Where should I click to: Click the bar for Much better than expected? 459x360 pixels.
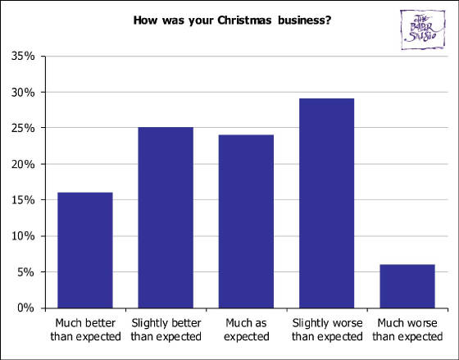(x=84, y=250)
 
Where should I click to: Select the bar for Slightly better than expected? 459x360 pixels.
(x=165, y=217)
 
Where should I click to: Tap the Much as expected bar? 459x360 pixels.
(x=245, y=221)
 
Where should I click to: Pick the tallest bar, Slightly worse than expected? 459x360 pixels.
(x=326, y=203)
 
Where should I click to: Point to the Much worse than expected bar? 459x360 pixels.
(x=407, y=286)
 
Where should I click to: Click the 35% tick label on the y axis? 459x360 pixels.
(x=23, y=57)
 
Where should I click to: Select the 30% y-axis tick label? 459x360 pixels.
(x=23, y=93)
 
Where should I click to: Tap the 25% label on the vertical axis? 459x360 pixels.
(x=23, y=129)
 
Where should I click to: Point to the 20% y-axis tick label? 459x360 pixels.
(x=23, y=165)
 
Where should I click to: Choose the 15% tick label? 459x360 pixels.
(x=23, y=201)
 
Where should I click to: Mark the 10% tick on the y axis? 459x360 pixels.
(x=23, y=236)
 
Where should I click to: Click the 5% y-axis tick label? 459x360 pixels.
(x=25, y=272)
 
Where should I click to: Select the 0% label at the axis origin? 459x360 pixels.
(x=25, y=308)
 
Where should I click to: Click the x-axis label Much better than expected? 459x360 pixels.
(x=84, y=330)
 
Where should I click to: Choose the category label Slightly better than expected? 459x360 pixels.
(x=165, y=330)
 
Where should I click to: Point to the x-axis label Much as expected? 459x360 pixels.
(x=245, y=330)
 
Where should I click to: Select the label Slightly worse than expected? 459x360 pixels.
(x=326, y=330)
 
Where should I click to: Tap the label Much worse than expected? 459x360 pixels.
(x=407, y=330)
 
